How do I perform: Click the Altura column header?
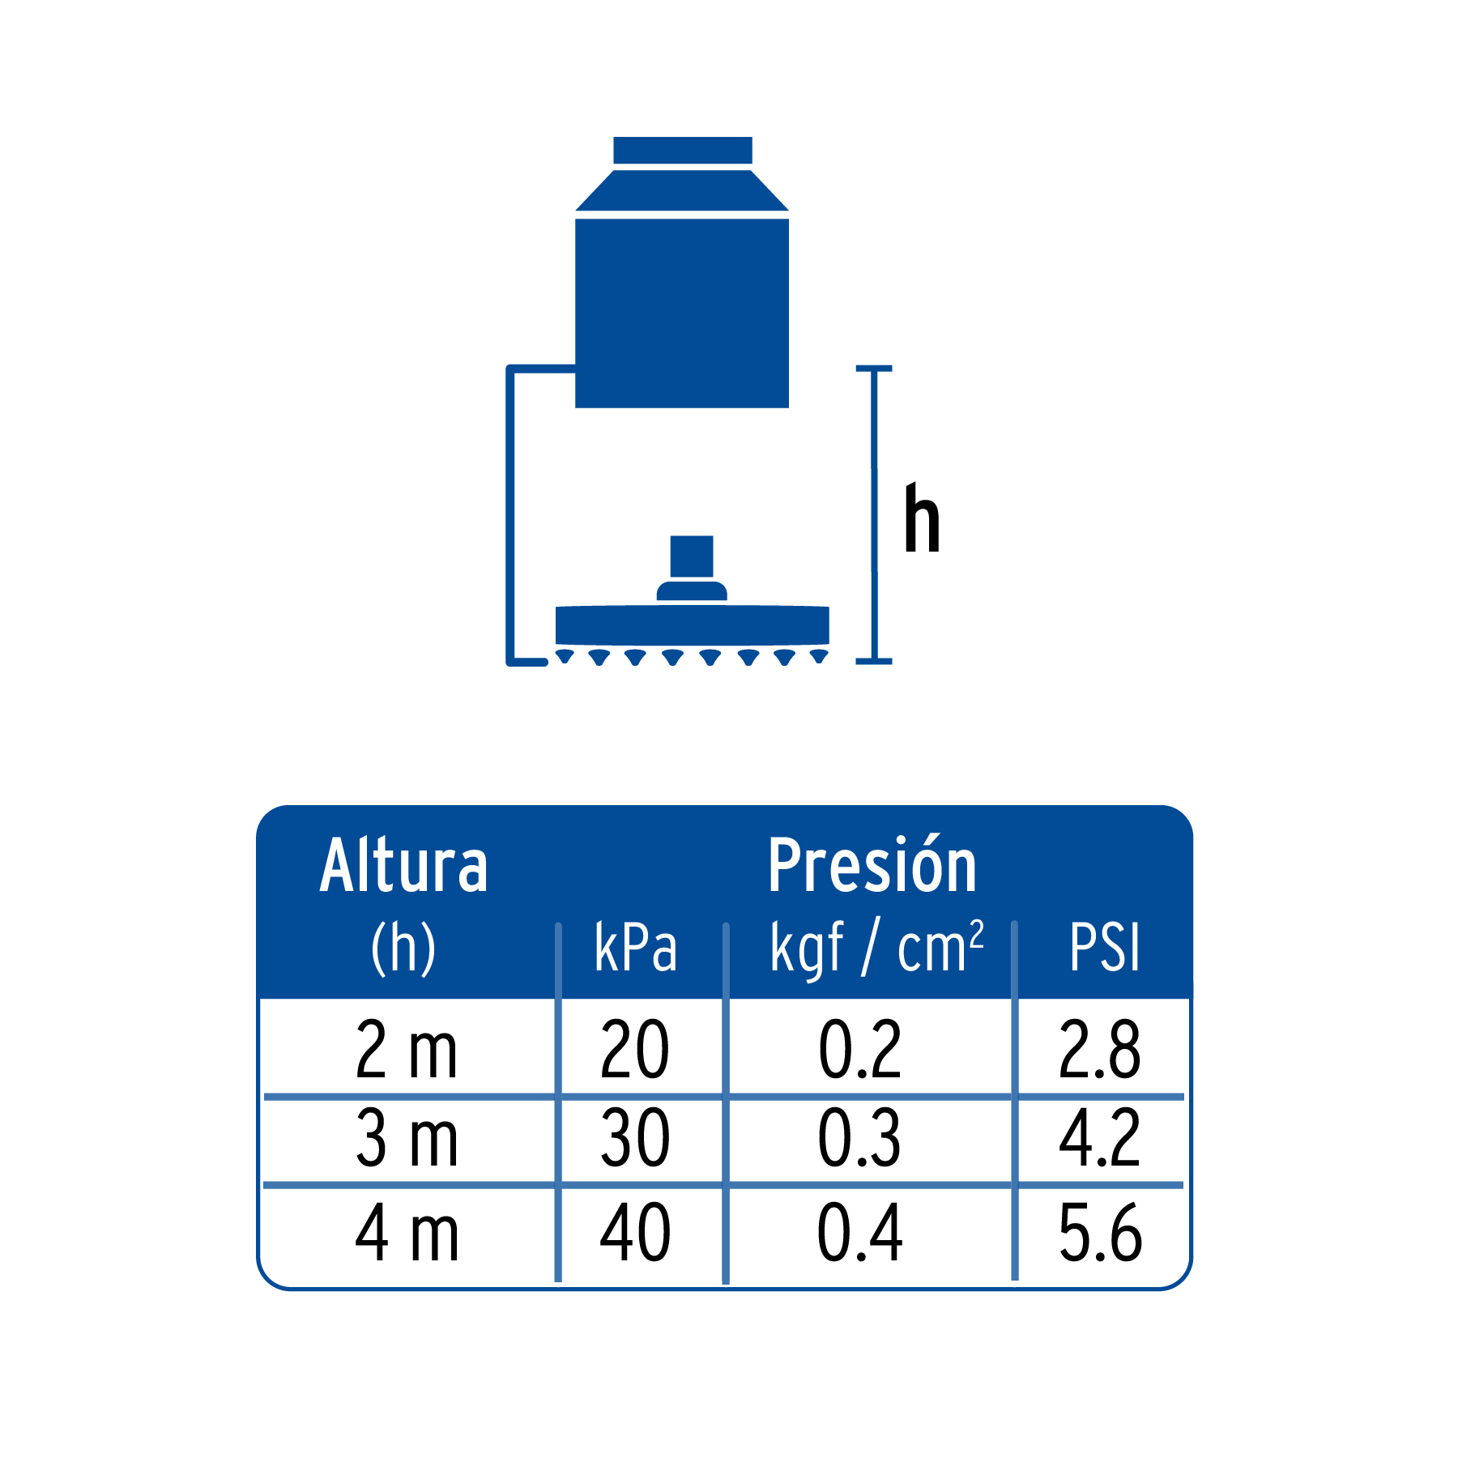[x=403, y=866]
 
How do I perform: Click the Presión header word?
[x=872, y=865]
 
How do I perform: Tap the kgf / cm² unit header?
[x=877, y=948]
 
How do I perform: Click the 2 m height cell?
[x=407, y=1050]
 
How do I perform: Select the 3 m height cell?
[x=407, y=1138]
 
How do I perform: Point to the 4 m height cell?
[x=407, y=1233]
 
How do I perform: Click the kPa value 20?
[x=635, y=1050]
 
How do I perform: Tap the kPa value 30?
[x=635, y=1138]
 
